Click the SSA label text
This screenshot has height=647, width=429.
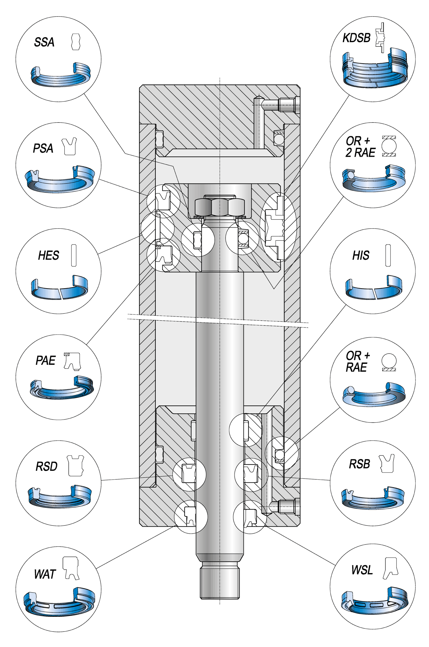click(44, 42)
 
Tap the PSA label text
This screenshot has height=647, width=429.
click(43, 148)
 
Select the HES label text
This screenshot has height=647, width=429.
click(49, 256)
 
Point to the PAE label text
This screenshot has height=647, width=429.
click(46, 361)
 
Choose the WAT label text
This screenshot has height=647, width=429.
click(45, 574)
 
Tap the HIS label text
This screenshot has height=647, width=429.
click(361, 256)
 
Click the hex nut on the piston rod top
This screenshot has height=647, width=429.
click(220, 207)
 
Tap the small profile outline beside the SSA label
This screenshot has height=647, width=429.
click(76, 42)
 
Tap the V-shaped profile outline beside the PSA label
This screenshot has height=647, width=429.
click(69, 147)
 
